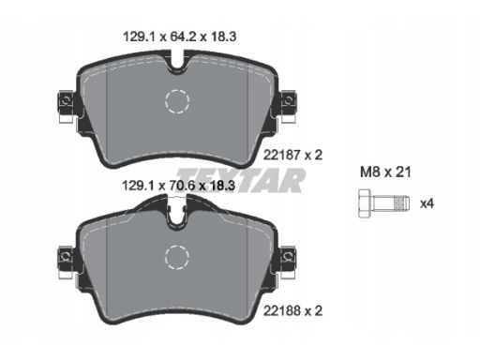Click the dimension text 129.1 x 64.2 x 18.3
180,37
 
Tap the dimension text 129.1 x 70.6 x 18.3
178,186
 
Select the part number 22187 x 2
292,155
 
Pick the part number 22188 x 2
292,310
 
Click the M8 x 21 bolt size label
385,172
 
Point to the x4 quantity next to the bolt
427,204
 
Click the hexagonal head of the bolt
364,203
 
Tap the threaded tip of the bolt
402,203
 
